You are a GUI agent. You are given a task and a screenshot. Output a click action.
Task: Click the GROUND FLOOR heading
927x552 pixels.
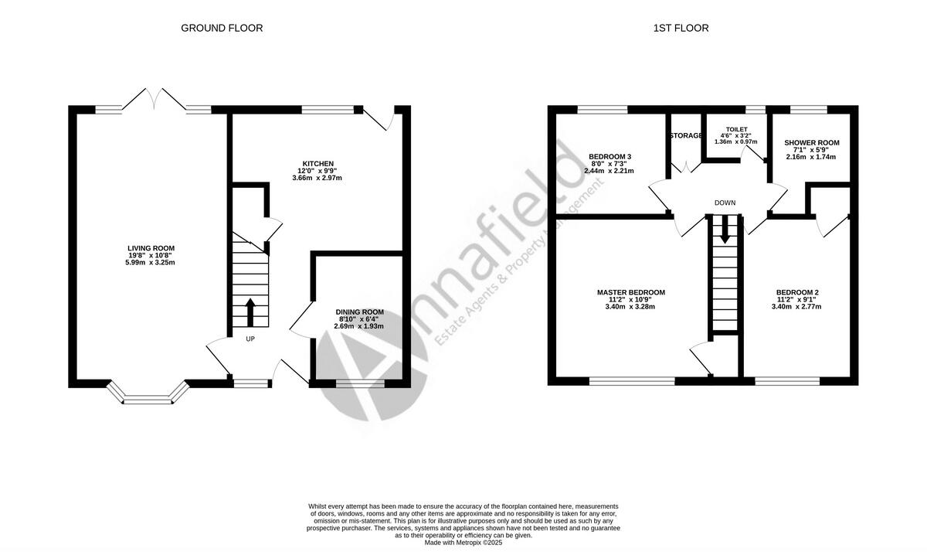pyautogui.click(x=222, y=29)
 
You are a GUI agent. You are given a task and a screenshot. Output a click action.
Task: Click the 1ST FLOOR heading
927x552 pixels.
pyautogui.click(x=681, y=29)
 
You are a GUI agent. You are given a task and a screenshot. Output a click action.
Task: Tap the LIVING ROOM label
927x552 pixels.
pyautogui.click(x=151, y=248)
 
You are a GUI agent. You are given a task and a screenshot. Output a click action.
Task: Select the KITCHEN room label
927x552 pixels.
pyautogui.click(x=317, y=164)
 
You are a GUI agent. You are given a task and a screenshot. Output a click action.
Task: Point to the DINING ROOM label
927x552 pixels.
pyautogui.click(x=359, y=312)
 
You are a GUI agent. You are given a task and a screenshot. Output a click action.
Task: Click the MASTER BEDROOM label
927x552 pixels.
pyautogui.click(x=630, y=292)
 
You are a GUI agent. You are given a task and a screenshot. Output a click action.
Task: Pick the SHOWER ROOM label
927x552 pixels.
pyautogui.click(x=811, y=143)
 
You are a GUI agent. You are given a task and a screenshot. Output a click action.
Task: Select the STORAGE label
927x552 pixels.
pyautogui.click(x=686, y=136)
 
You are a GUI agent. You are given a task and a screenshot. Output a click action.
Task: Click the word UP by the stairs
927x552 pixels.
pyautogui.click(x=250, y=339)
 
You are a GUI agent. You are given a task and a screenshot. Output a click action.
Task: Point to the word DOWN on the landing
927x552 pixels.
pyautogui.click(x=725, y=203)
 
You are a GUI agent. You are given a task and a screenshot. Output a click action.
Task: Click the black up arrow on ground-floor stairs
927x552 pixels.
pyautogui.click(x=250, y=314)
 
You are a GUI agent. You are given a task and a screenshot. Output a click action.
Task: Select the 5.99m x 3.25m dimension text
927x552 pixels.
pyautogui.click(x=151, y=263)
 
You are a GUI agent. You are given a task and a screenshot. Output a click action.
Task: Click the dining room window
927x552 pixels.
pyautogui.click(x=359, y=382)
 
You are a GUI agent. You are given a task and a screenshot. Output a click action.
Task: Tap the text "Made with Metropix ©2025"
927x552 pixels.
pyautogui.click(x=463, y=543)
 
